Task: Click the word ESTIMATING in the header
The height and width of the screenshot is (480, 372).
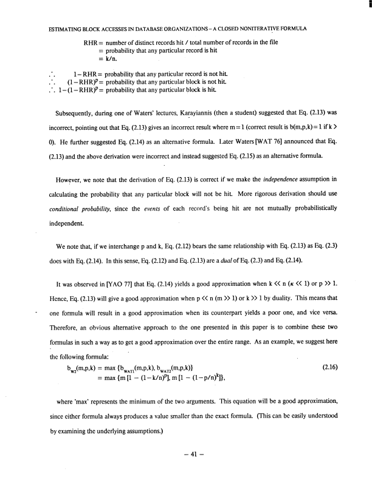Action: (60, 29)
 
